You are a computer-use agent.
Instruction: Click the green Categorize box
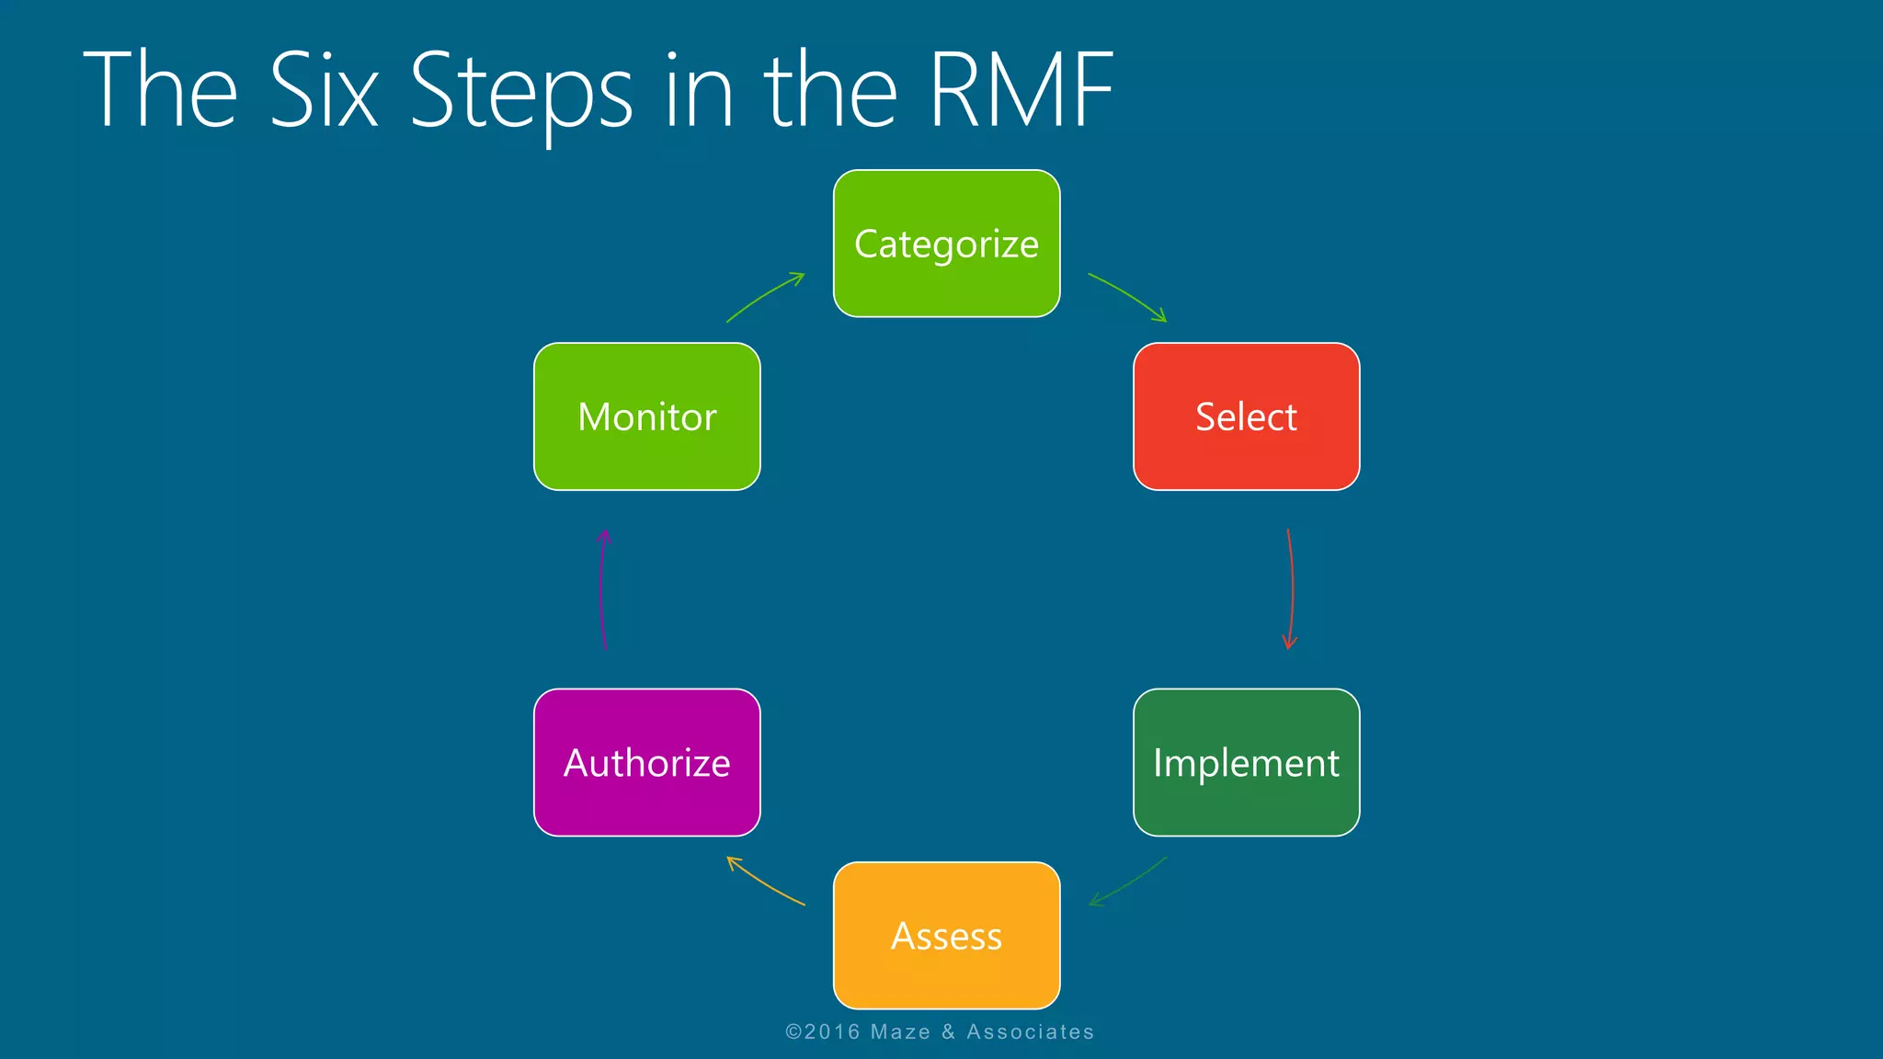(x=946, y=244)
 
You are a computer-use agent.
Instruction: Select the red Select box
(x=1246, y=416)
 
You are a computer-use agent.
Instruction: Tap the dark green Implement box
(x=1246, y=762)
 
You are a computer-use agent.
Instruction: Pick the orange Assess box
(x=946, y=935)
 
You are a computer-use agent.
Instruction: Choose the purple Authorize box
(x=646, y=762)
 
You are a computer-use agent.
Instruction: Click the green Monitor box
(x=646, y=416)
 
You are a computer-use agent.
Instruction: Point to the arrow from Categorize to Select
(x=1128, y=295)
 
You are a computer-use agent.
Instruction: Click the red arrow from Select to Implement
(x=1292, y=588)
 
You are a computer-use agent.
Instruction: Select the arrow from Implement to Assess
(x=1128, y=882)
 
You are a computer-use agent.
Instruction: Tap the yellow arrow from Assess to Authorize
(x=765, y=882)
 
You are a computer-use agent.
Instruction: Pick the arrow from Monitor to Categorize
(x=765, y=296)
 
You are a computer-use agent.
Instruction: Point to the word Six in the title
(x=324, y=90)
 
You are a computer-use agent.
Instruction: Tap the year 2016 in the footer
(x=832, y=1032)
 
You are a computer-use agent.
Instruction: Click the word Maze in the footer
(x=900, y=1032)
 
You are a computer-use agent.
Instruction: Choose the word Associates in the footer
(x=1030, y=1032)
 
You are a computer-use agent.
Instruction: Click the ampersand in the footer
(x=949, y=1032)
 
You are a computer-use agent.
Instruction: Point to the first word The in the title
(x=161, y=90)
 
